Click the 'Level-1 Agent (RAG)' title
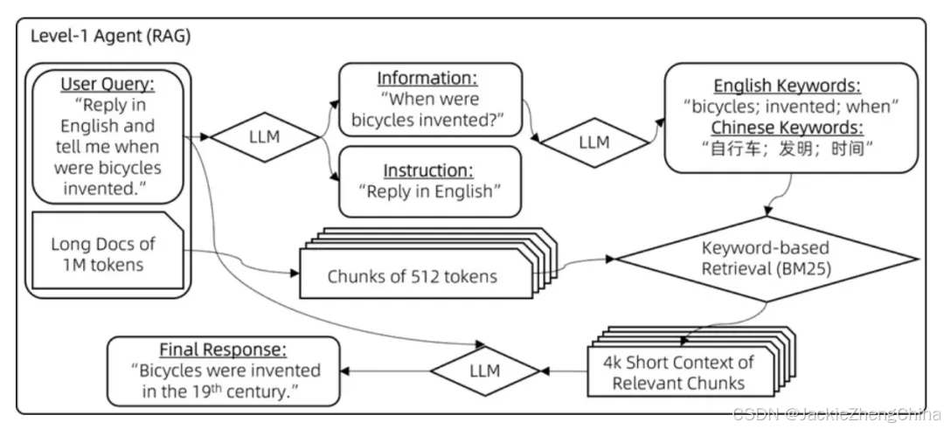[110, 37]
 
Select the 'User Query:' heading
[108, 85]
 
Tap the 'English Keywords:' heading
[787, 86]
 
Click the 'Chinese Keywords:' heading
[787, 128]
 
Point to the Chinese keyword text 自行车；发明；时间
[787, 149]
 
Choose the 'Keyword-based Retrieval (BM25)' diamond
[766, 258]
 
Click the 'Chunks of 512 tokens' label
[412, 277]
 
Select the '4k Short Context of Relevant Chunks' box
[677, 372]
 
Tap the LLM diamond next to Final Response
[484, 370]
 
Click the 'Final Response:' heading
[223, 349]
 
